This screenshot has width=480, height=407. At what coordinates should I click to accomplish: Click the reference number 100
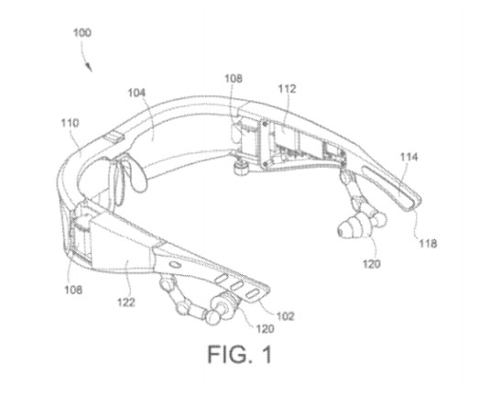tap(82, 32)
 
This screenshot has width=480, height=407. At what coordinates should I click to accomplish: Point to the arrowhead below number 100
tap(89, 67)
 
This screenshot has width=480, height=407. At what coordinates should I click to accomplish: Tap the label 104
tap(136, 93)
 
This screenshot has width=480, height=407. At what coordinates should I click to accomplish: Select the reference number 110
tap(71, 123)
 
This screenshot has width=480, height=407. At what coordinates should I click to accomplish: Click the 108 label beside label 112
tap(234, 79)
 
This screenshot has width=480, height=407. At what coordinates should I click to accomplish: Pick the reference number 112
tap(287, 89)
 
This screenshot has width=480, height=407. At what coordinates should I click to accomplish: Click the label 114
tap(409, 157)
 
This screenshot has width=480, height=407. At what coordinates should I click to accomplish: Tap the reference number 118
tap(428, 244)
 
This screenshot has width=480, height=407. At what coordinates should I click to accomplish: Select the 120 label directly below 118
tap(372, 264)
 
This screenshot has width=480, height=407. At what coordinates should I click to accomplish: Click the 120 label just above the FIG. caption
tap(265, 329)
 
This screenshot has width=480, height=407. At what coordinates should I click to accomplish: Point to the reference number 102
tap(285, 315)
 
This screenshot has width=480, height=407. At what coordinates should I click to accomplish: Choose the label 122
tap(126, 302)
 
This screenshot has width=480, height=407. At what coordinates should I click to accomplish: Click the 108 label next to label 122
tap(73, 290)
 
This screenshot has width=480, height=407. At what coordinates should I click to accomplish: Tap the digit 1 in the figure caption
tap(267, 355)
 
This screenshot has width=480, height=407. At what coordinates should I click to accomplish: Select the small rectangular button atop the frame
tap(114, 137)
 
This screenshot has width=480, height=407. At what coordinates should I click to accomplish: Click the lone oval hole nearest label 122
tap(175, 264)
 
